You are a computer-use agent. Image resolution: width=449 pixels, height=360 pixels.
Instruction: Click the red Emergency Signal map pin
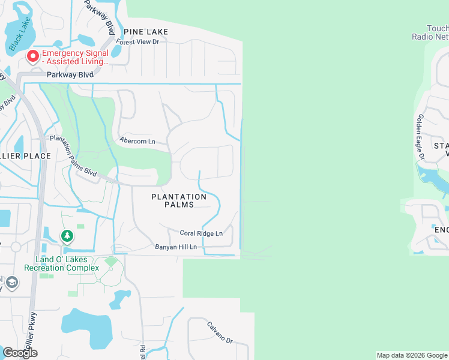pyautogui.click(x=32, y=56)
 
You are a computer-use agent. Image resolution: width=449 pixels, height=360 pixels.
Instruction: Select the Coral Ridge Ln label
pyautogui.click(x=201, y=233)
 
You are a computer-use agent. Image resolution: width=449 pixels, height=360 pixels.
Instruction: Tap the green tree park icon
pyautogui.click(x=67, y=236)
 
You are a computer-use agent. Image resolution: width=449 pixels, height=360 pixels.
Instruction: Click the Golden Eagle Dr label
pyautogui.click(x=421, y=137)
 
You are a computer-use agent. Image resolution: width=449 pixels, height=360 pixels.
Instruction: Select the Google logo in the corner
pyautogui.click(x=20, y=353)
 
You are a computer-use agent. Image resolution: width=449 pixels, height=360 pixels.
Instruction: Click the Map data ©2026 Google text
pyautogui.click(x=412, y=355)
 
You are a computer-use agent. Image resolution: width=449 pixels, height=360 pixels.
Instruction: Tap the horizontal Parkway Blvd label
pyautogui.click(x=70, y=75)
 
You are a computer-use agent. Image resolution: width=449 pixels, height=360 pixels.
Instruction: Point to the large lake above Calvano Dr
pyautogui.click(x=86, y=327)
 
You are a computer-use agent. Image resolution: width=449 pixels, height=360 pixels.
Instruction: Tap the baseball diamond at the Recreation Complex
pyautogui.click(x=110, y=262)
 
